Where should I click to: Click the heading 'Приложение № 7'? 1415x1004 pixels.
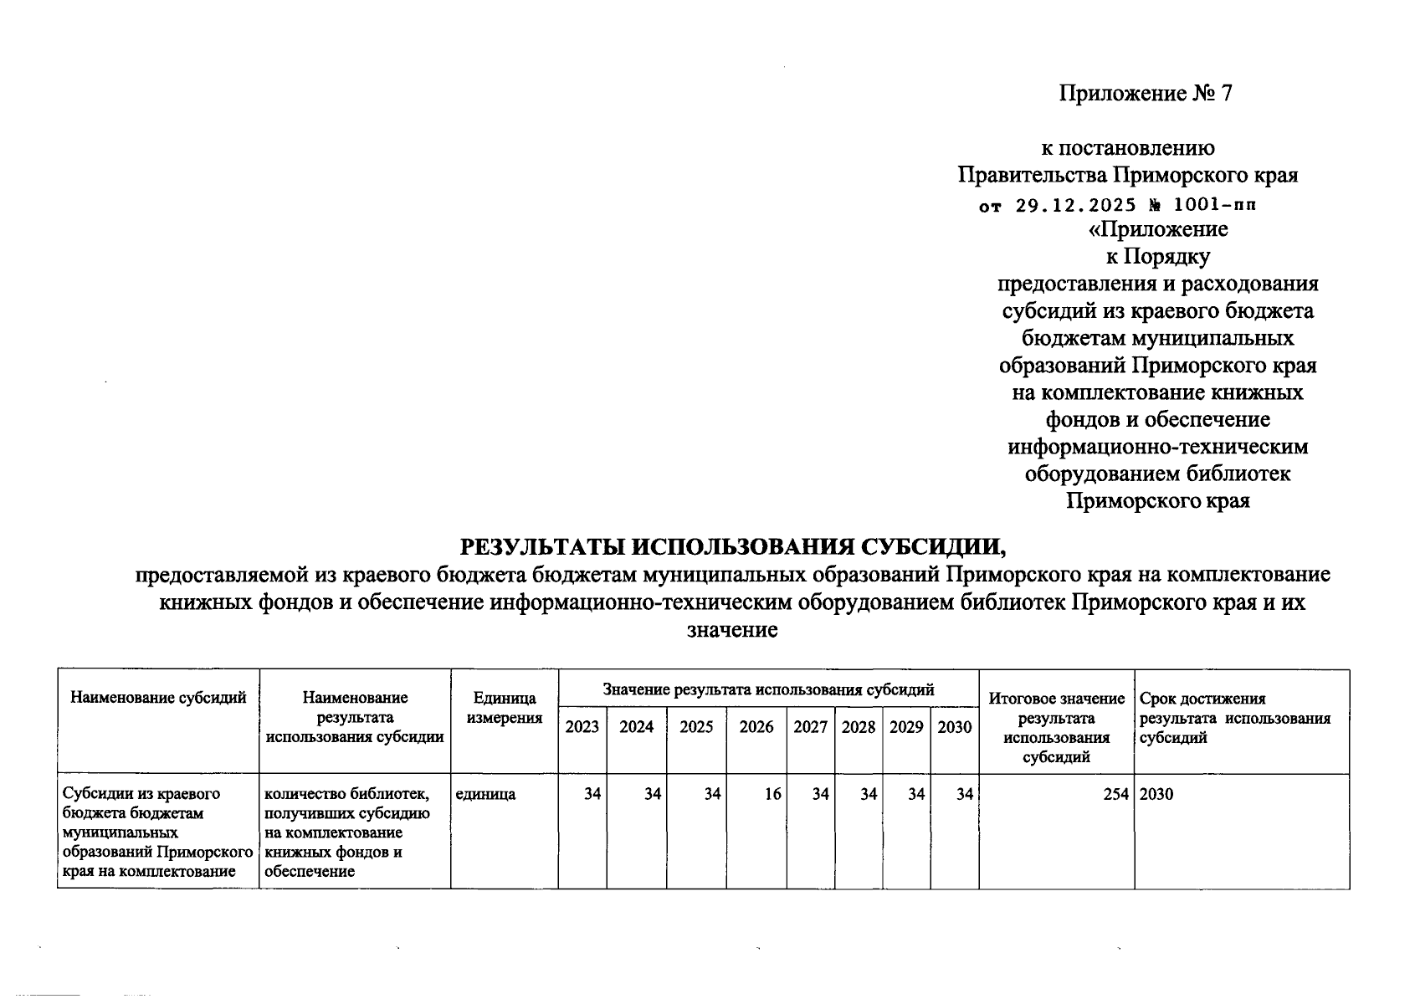[x=1146, y=93]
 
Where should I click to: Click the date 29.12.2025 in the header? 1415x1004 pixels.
[x=1064, y=205]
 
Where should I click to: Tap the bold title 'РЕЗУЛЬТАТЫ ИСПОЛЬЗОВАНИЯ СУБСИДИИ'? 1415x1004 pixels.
[x=732, y=547]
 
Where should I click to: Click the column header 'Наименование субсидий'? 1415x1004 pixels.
[x=159, y=698]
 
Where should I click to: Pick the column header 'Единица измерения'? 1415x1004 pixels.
[x=504, y=708]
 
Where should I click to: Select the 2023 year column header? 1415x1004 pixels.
[x=582, y=727]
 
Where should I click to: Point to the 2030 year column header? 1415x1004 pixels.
[x=954, y=727]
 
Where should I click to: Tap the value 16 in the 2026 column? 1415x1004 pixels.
[x=772, y=794]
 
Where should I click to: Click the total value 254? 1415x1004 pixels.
[x=1115, y=794]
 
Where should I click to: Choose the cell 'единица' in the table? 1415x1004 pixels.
[x=485, y=794]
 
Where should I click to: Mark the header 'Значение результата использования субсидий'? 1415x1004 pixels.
[x=768, y=690]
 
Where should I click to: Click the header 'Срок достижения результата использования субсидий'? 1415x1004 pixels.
[x=1234, y=719]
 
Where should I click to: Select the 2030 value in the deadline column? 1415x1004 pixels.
[x=1156, y=794]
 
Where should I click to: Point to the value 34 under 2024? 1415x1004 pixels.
[x=653, y=794]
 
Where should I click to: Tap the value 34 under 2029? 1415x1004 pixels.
[x=916, y=794]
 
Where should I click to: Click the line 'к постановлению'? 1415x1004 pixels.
[x=1127, y=148]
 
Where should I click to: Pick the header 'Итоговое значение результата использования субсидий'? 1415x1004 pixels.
[x=1056, y=728]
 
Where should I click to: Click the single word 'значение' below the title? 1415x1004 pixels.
[x=732, y=630]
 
